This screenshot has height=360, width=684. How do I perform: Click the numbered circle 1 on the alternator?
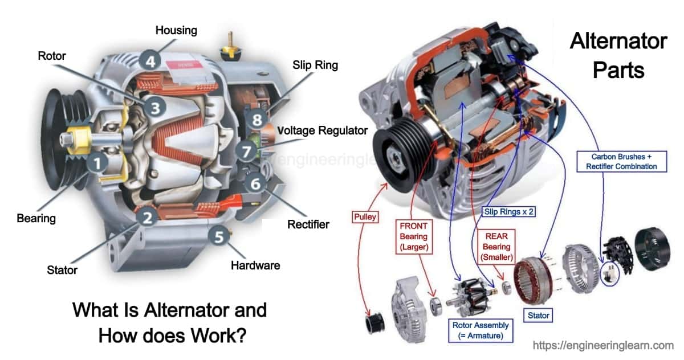[97, 163]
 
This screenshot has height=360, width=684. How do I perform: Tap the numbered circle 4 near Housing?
[150, 61]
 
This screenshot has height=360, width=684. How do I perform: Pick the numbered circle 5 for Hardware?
[219, 235]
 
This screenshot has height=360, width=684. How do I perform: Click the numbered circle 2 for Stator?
[147, 217]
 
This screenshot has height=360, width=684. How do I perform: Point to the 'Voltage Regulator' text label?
[322, 130]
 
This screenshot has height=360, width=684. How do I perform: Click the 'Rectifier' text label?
[308, 224]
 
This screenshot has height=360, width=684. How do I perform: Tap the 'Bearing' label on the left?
[36, 218]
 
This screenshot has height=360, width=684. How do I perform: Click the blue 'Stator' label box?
[539, 314]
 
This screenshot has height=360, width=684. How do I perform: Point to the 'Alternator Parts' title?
[618, 55]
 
